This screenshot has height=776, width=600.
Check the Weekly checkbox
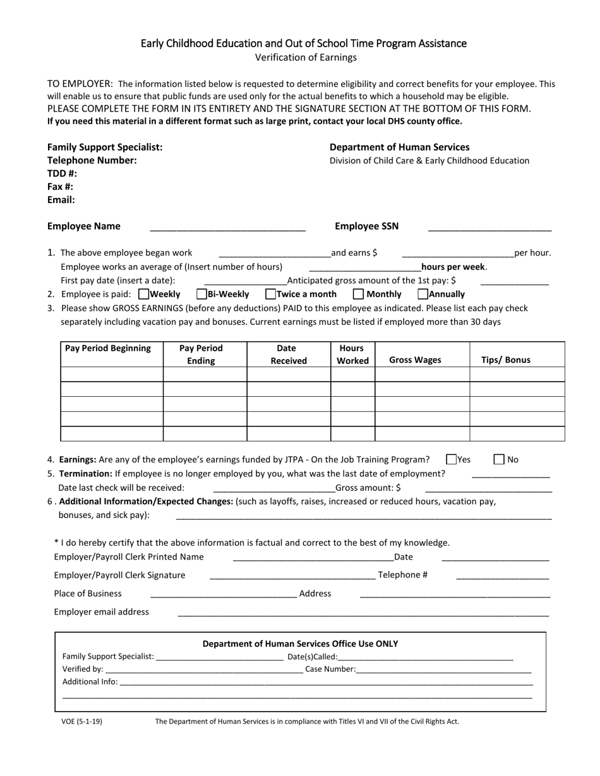143,294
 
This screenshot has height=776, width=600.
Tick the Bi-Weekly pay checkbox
202,294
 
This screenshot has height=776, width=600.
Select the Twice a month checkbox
271,294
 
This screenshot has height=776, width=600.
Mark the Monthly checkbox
358,294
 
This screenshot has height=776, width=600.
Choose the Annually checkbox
423,294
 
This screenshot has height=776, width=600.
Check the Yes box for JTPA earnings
451,460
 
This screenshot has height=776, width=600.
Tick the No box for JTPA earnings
499,460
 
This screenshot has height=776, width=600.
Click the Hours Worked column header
352,355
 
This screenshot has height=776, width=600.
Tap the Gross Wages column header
415,360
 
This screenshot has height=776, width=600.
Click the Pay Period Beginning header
108,348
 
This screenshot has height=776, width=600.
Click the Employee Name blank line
227,229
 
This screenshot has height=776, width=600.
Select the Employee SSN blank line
489,229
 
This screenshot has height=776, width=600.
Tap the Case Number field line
443,671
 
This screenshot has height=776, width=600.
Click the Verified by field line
203,671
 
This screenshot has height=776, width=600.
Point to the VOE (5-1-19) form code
81,721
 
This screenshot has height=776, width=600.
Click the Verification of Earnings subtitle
306,57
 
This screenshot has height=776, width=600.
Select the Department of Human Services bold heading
400,147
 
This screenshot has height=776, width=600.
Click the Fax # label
61,187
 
